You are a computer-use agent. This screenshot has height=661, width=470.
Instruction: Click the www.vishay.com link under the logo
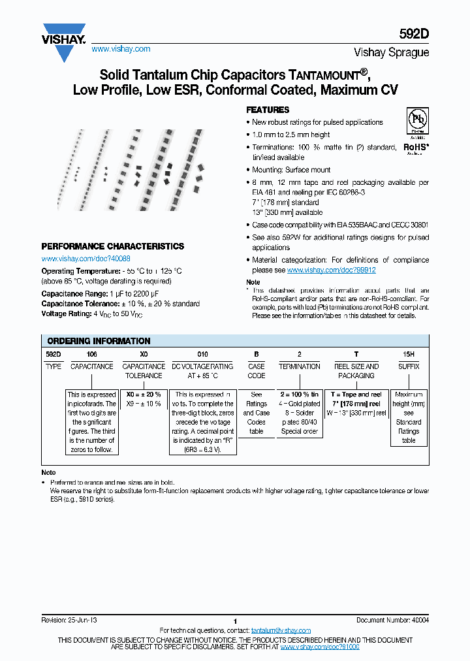click(x=121, y=49)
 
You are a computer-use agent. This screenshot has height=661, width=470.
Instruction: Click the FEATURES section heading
click(x=267, y=110)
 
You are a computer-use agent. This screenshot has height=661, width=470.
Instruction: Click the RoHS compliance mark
click(x=416, y=148)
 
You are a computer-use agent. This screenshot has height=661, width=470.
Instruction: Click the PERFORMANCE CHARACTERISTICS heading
click(x=112, y=246)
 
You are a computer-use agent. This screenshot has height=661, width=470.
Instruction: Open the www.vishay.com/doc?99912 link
click(x=331, y=270)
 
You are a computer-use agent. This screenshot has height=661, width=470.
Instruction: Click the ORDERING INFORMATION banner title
click(x=99, y=341)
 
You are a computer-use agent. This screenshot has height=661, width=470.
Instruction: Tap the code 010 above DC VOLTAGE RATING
click(x=202, y=353)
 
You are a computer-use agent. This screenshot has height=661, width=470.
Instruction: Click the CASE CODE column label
click(x=257, y=371)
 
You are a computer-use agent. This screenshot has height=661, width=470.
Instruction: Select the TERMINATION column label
click(x=300, y=366)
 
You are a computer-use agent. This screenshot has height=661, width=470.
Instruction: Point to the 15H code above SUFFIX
click(x=409, y=353)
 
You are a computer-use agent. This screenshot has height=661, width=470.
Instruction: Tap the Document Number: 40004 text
click(x=392, y=620)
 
